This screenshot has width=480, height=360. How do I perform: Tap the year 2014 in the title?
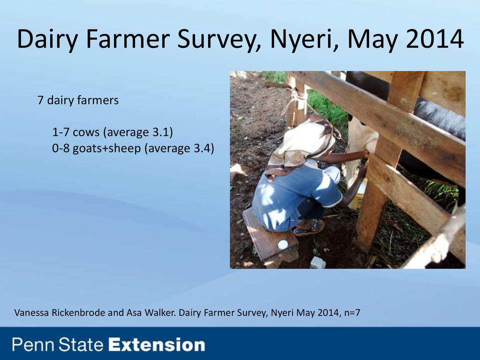(x=435, y=39)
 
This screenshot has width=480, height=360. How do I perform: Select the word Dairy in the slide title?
(x=47, y=39)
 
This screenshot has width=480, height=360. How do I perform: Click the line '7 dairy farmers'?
(x=78, y=100)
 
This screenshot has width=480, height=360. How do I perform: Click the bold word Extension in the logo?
(x=157, y=345)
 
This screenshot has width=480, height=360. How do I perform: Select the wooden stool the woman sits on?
(x=270, y=236)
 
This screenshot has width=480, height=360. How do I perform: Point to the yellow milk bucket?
(x=357, y=195)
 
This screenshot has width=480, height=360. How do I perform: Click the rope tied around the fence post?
(x=294, y=98)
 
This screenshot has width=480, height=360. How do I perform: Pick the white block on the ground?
(x=318, y=262)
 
